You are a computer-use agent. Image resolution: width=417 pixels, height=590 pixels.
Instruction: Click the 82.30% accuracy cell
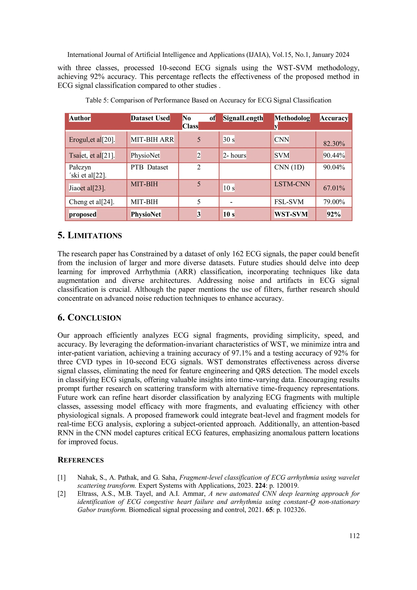click(x=334, y=143)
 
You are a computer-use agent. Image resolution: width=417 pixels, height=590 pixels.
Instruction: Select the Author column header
click(x=80, y=118)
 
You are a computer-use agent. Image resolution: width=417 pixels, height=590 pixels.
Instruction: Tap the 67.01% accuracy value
click(x=334, y=188)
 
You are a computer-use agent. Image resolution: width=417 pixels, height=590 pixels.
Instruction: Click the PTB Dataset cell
click(x=149, y=167)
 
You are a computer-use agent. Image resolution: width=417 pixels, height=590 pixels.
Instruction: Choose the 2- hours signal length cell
click(x=234, y=155)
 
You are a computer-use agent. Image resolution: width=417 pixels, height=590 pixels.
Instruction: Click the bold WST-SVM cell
click(x=291, y=214)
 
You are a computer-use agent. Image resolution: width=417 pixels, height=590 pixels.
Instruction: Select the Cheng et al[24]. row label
click(x=91, y=202)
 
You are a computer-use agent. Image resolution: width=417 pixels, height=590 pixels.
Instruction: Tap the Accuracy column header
click(x=334, y=118)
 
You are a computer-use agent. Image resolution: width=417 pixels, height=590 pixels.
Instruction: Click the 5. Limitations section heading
click(x=89, y=235)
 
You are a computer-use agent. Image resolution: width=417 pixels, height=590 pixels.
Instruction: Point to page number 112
click(x=354, y=536)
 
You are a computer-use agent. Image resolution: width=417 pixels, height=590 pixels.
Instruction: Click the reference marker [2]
click(x=62, y=494)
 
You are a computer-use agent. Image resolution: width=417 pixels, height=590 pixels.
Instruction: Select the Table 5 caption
click(x=208, y=100)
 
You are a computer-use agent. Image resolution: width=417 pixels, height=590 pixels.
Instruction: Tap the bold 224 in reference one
click(x=260, y=485)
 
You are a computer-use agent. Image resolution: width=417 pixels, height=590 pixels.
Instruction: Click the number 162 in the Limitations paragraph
click(x=238, y=254)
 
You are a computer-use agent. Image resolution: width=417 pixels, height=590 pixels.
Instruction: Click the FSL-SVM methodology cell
click(x=289, y=202)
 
